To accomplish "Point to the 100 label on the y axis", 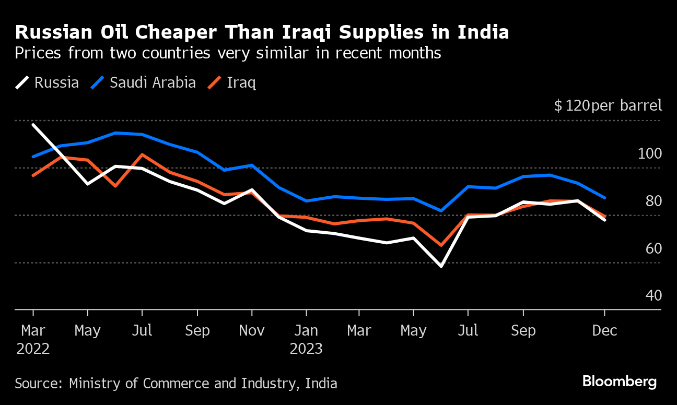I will (649, 153).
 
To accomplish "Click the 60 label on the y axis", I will (653, 248).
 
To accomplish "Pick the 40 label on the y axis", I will (653, 296).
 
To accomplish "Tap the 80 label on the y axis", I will (653, 201).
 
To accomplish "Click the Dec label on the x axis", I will (604, 330).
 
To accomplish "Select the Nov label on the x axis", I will (252, 330).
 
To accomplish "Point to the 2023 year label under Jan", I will (306, 349).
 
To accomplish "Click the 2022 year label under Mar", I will (33, 349).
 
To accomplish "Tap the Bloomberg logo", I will (620, 382).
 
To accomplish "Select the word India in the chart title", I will (483, 33).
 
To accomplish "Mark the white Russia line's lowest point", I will (441, 266).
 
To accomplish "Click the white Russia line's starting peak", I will (33, 125).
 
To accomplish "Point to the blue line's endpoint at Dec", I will (604, 198).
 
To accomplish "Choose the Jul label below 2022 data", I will (142, 330).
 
